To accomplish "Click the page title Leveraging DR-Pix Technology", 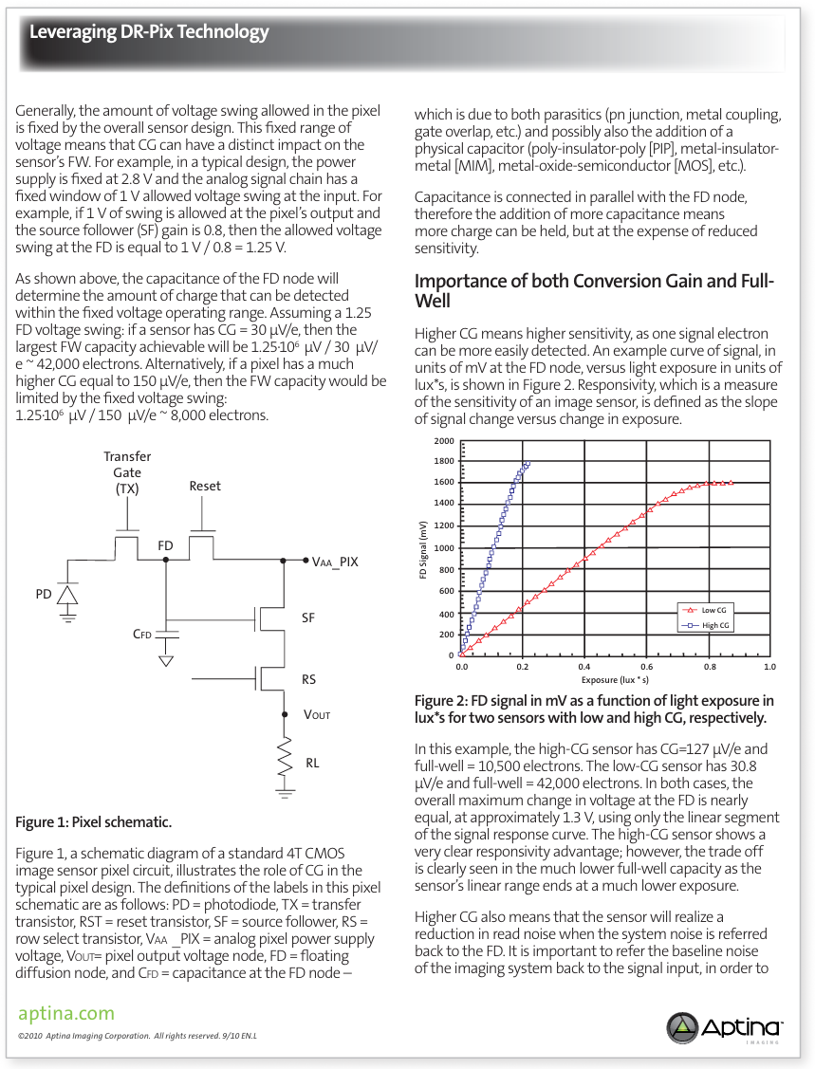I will click(149, 32).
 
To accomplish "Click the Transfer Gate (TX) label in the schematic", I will click(127, 472).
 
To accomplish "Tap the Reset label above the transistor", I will click(205, 486).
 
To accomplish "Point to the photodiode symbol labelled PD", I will click(66, 595).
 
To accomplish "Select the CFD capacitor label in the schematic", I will click(142, 634).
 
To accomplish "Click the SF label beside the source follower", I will click(308, 617).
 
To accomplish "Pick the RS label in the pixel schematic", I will click(308, 680).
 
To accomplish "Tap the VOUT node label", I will click(317, 714).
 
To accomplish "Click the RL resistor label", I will click(312, 762).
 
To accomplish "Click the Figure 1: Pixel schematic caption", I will click(93, 821).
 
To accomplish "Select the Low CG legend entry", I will click(708, 611).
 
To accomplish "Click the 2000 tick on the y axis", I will click(444, 442).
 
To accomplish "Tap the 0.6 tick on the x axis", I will click(647, 667).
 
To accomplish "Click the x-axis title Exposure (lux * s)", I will click(615, 679).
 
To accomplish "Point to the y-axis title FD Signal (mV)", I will click(423, 550).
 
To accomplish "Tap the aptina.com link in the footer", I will click(66, 1014).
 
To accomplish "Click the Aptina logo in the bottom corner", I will click(725, 1027).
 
